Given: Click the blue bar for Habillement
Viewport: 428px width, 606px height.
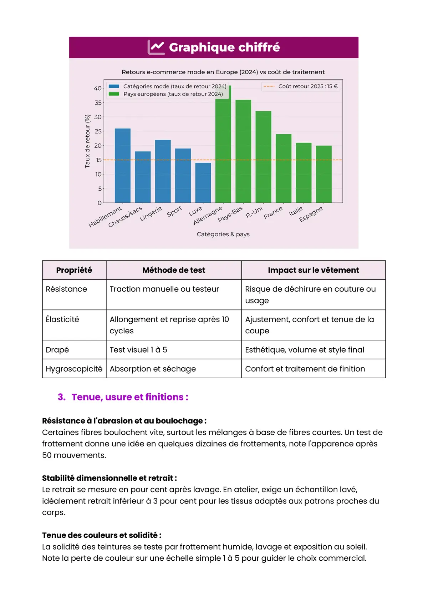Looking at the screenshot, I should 122,166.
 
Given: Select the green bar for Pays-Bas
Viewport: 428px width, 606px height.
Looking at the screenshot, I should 243,151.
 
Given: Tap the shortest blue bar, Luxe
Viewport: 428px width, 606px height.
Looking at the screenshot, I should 203,183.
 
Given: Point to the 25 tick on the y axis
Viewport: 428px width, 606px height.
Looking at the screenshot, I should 98,131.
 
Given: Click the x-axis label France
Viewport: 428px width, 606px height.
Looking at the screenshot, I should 273,213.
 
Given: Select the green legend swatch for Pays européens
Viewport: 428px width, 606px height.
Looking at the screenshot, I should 114,94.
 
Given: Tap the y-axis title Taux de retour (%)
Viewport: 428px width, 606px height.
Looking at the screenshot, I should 87,141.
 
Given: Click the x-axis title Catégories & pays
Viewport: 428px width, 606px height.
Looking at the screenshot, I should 223,234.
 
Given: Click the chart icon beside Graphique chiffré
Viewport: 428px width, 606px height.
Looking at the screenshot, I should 156,47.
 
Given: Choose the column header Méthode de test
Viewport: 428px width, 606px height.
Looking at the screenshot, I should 174,270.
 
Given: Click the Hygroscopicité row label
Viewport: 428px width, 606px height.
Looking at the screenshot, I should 74,369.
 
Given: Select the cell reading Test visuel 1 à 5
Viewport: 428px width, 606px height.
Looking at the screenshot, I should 138,350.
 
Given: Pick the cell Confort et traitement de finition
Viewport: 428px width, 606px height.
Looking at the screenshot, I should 305,369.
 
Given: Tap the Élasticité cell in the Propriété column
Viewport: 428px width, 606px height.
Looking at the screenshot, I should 62,319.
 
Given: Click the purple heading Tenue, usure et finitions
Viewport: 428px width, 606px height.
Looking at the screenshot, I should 130,397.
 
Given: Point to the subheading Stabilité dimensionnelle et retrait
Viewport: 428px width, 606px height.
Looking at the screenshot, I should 109,478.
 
